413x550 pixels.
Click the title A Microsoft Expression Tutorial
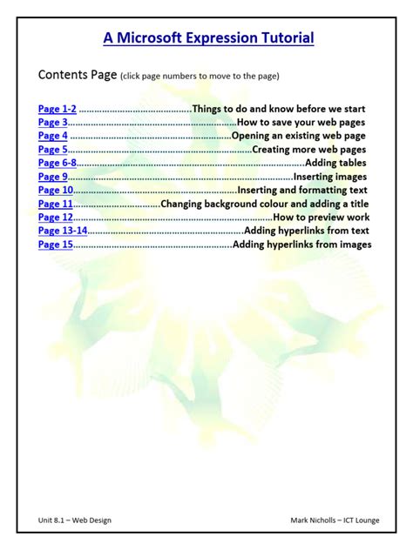tap(208, 37)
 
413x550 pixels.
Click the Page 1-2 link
tap(58, 109)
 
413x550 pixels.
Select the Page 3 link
tap(52, 123)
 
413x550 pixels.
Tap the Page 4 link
tap(52, 136)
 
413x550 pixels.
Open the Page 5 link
tap(52, 150)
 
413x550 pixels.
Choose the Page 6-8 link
tap(58, 163)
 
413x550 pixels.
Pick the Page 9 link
tap(52, 177)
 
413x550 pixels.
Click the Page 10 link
tap(55, 190)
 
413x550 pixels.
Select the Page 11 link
tap(55, 204)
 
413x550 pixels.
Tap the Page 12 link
tap(55, 217)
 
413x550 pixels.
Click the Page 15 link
tap(55, 245)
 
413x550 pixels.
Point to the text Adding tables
tap(335, 163)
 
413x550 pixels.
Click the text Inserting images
tap(335, 177)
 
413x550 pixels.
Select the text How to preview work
tap(322, 217)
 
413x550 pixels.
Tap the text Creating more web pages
tap(309, 150)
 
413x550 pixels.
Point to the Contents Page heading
tap(77, 75)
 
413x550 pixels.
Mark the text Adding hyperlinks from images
tap(302, 245)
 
